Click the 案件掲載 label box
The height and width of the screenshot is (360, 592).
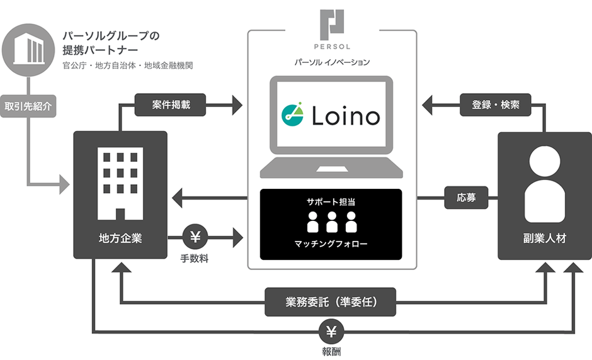(171, 105)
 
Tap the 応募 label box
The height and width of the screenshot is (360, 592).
(466, 198)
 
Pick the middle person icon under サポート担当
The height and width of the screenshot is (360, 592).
(331, 221)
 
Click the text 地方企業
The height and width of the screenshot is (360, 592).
(117, 239)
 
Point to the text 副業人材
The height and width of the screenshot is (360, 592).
(544, 239)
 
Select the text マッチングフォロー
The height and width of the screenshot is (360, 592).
(331, 243)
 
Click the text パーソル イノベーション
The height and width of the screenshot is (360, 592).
(331, 62)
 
